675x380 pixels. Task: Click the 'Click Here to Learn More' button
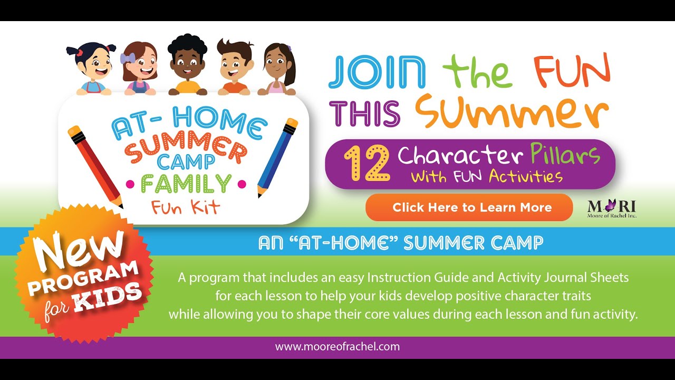(469, 207)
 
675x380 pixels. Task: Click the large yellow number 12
(367, 164)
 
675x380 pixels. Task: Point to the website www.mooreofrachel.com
(337, 347)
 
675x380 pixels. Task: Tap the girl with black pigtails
(91, 66)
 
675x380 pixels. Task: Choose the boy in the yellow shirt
(188, 66)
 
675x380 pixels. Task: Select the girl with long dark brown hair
(279, 69)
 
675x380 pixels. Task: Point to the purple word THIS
(368, 112)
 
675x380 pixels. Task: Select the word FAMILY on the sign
(186, 184)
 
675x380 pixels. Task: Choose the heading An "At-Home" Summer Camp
(400, 243)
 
